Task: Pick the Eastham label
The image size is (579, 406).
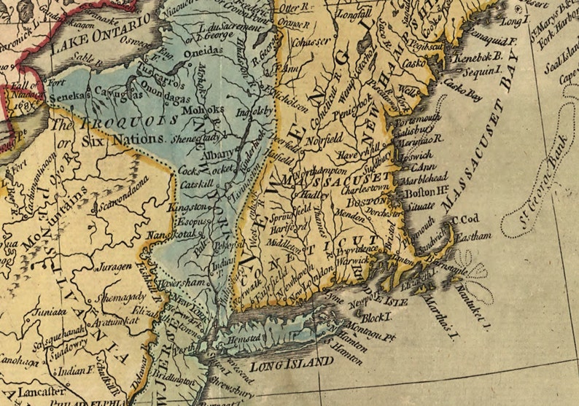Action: coord(476,236)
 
